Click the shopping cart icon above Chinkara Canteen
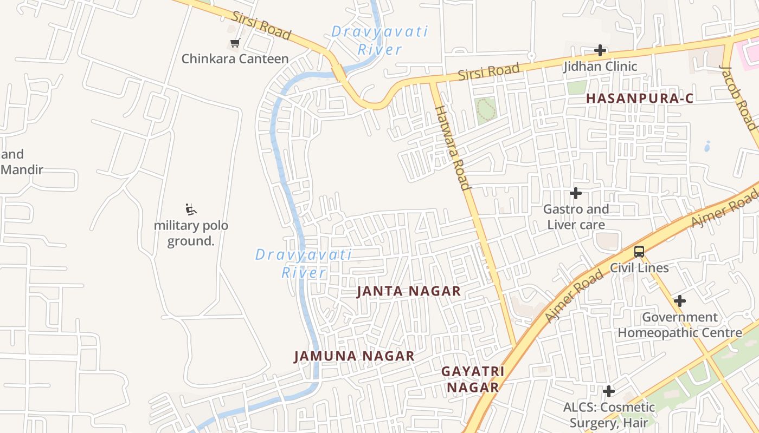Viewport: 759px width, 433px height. (235, 43)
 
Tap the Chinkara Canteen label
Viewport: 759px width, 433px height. (235, 58)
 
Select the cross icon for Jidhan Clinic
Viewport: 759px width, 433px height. (600, 50)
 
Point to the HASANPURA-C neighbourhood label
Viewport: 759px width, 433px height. (640, 99)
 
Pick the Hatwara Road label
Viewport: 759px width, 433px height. (452, 148)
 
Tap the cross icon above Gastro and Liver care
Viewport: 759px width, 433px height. (576, 193)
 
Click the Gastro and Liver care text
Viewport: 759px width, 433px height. (576, 216)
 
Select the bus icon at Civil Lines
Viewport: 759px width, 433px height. (639, 252)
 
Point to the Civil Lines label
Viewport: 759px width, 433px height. (639, 268)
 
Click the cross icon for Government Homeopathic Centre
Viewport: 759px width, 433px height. (679, 301)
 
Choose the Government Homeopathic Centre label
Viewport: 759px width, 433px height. (680, 325)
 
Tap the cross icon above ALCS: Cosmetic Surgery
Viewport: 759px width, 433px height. (609, 391)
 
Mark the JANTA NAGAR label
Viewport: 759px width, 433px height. (409, 291)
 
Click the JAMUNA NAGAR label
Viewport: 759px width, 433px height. (354, 356)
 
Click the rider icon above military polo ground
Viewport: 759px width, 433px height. (190, 209)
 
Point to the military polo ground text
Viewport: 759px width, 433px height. (191, 233)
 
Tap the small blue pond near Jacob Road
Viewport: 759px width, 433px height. (707, 146)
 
